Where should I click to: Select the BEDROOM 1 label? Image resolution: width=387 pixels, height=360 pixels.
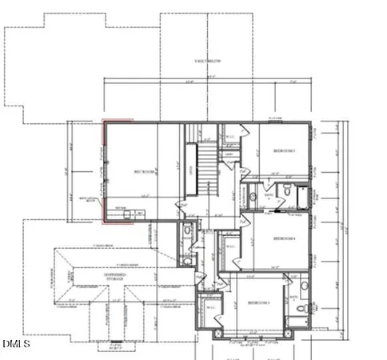click(x=285, y=151)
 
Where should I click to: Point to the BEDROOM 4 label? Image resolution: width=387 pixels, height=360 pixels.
click(x=284, y=238)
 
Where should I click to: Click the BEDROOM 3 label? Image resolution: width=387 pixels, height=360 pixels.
click(x=257, y=302)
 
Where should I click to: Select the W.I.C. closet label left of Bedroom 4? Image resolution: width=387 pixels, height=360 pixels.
click(x=231, y=246)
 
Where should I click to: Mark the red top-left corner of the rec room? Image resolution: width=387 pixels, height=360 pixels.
click(x=103, y=122)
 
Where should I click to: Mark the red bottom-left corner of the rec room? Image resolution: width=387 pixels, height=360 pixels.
click(x=103, y=219)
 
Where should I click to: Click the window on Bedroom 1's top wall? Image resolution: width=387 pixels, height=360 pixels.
click(x=276, y=122)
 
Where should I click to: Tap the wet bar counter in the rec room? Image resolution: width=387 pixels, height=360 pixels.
click(x=128, y=211)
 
